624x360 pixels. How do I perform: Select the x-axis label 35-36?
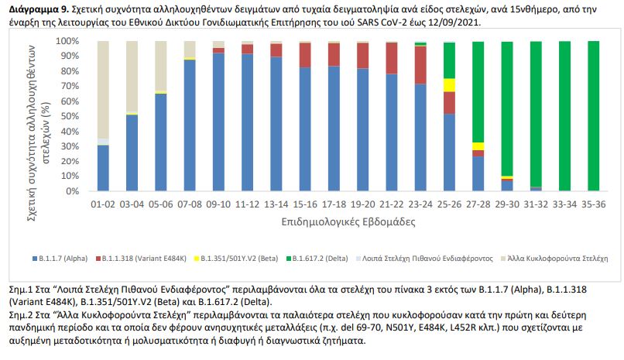coord(593,204)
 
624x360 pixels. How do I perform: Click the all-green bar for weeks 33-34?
coord(565,116)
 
